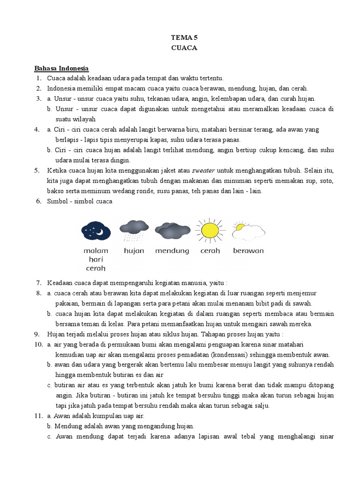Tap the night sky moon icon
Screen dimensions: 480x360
coord(96,230)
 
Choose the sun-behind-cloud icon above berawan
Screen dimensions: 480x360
coord(248,230)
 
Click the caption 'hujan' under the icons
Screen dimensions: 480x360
coord(134,251)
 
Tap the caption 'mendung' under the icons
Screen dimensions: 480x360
coord(172,251)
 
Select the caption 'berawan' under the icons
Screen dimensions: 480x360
coord(248,251)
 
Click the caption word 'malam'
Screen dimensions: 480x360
coord(96,251)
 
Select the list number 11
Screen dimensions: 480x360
coord(37,416)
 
